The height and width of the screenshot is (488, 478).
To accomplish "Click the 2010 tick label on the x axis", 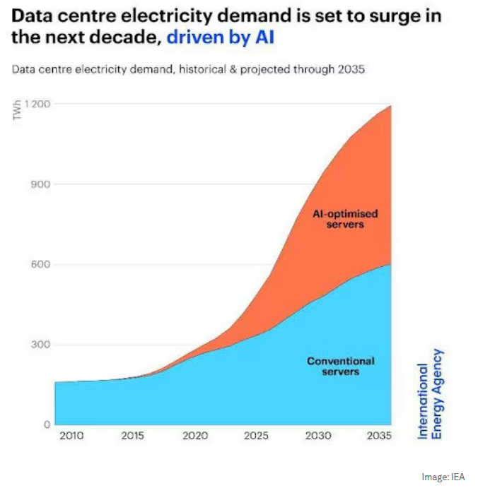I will pos(71,436).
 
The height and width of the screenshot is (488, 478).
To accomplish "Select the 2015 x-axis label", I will pos(133,436).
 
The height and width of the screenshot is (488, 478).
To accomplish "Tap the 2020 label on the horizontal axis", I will pos(195,436).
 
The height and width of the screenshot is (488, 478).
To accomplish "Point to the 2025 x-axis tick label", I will pos(256,436).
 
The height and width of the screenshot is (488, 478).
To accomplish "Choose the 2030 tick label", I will pos(317,436).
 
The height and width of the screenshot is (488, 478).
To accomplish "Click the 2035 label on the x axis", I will pos(379,436).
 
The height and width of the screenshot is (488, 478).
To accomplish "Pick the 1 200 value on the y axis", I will pos(37,105).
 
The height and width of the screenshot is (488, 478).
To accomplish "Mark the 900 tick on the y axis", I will pos(40,184).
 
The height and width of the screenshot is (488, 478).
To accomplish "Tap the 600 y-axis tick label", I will pos(40,265).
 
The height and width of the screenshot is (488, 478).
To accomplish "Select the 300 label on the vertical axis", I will pos(40,345).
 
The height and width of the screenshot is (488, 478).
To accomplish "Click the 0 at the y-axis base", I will pos(46,424).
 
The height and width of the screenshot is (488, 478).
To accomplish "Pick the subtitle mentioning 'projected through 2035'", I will pos(187,70).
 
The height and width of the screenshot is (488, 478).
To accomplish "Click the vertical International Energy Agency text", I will pos(429,393).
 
